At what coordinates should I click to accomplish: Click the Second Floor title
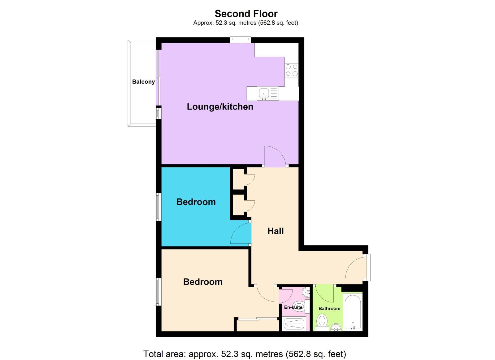coord(246,14)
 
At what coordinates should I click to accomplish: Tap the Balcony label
coord(143,82)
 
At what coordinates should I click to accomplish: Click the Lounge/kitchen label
coord(220,107)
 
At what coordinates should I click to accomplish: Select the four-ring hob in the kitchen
coord(292,70)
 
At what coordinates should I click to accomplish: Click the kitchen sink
coord(264,93)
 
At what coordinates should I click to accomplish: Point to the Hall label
coord(276,231)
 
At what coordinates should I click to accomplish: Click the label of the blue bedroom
coord(196,202)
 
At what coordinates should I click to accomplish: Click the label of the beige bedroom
coord(203,282)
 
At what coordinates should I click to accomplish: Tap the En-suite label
coord(293,307)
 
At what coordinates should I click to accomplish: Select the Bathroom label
coord(329,308)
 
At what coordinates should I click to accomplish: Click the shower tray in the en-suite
coord(294,324)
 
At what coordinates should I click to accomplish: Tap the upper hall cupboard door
coord(249,179)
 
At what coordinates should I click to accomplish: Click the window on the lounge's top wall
coord(240,39)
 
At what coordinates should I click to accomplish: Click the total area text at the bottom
coord(245,354)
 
